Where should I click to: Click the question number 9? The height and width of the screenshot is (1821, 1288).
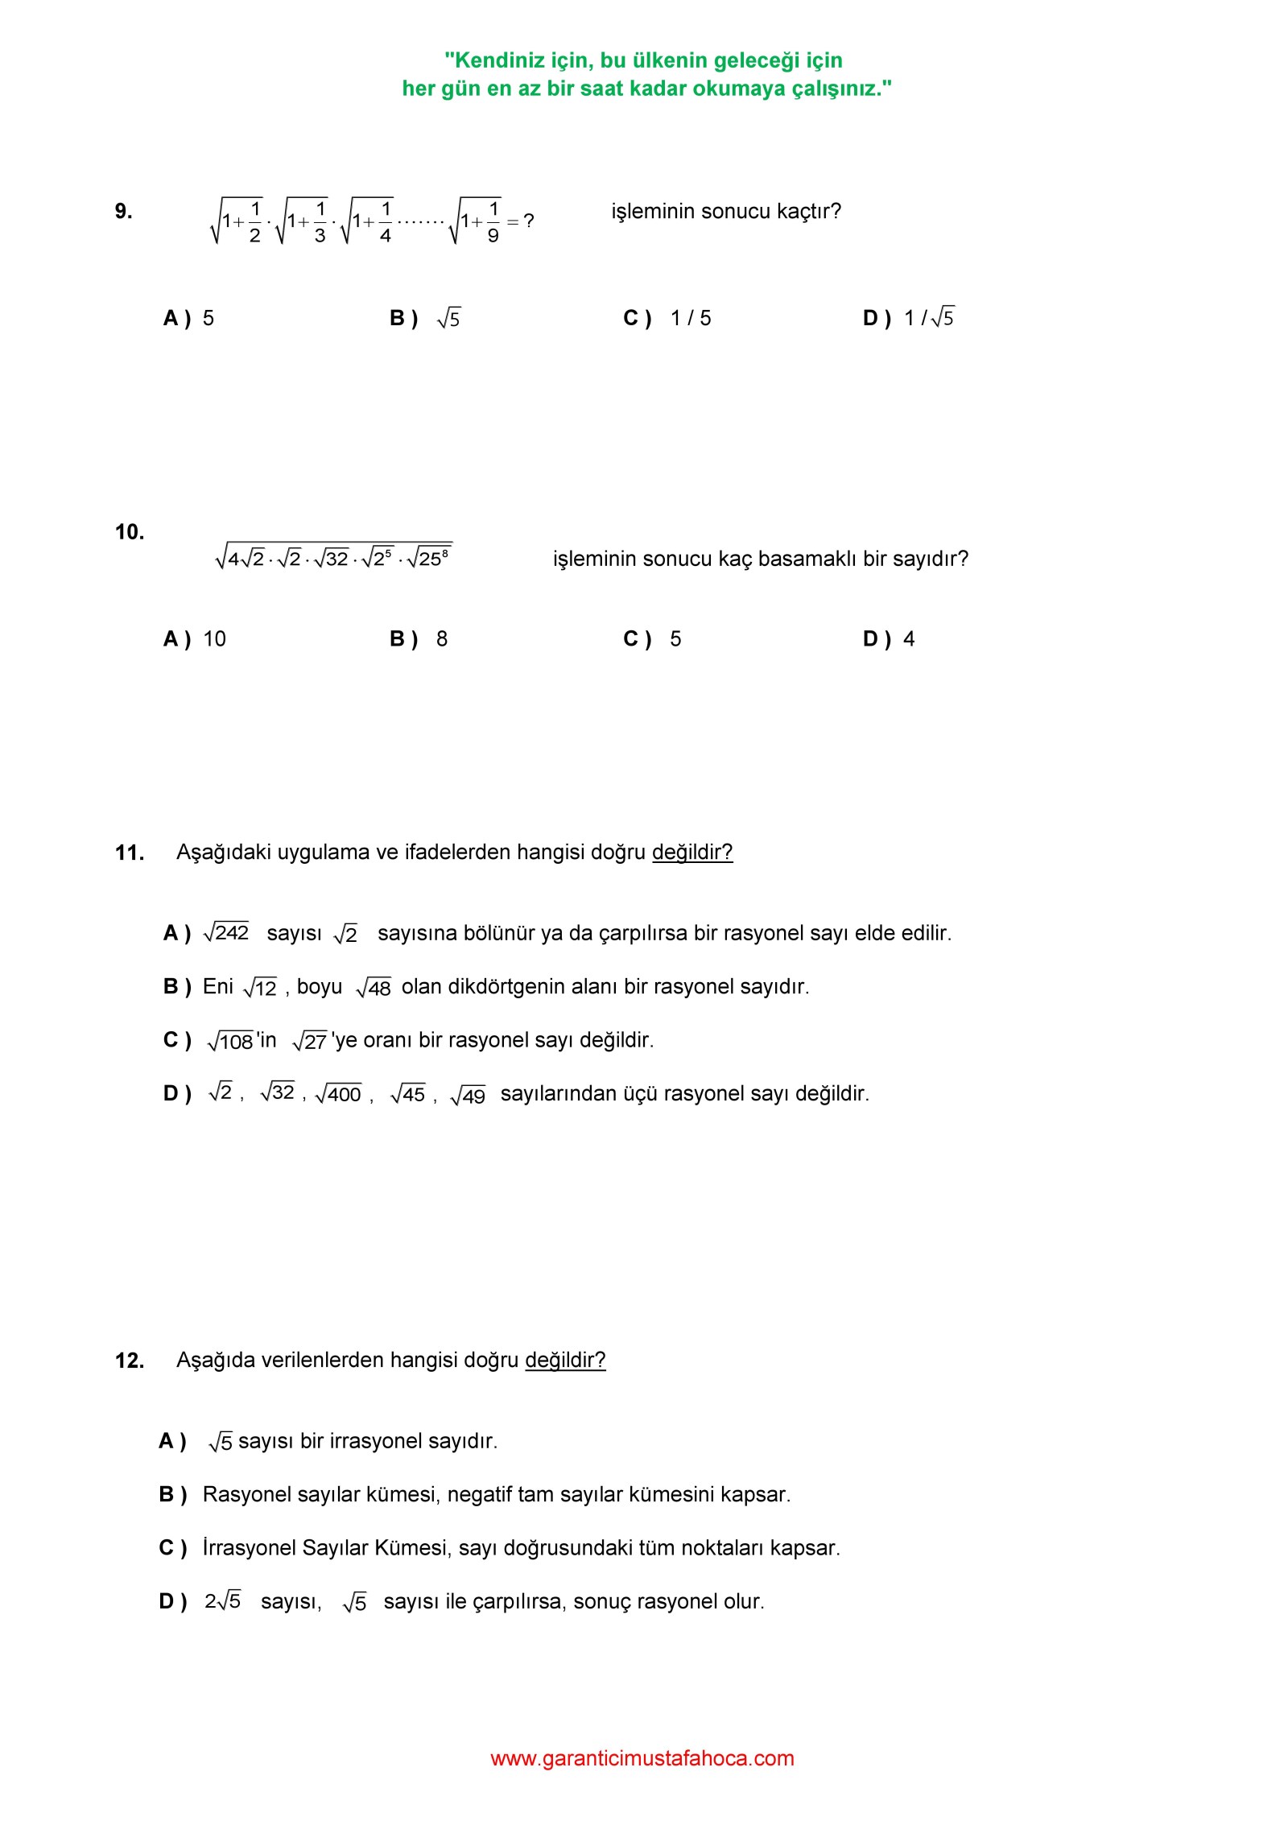pyautogui.click(x=123, y=211)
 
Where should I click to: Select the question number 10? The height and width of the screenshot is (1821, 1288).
pyautogui.click(x=129, y=531)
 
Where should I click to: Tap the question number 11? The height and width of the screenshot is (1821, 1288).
pyautogui.click(x=129, y=853)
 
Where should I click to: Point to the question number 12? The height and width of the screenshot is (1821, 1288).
pyautogui.click(x=129, y=1361)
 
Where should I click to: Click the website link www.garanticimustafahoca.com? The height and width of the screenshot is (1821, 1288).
pyautogui.click(x=642, y=1758)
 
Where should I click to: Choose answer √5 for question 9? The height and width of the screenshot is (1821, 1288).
pyautogui.click(x=448, y=319)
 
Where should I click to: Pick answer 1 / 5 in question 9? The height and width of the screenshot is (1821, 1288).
pyautogui.click(x=691, y=318)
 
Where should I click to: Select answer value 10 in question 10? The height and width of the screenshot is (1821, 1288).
pyautogui.click(x=214, y=639)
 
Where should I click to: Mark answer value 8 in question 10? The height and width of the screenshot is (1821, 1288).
pyautogui.click(x=442, y=639)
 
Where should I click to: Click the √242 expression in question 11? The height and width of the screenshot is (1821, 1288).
pyautogui.click(x=226, y=932)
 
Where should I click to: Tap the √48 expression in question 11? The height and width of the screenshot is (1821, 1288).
pyautogui.click(x=374, y=987)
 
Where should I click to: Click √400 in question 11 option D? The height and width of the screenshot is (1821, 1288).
pyautogui.click(x=338, y=1094)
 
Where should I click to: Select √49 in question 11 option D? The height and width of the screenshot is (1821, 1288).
pyautogui.click(x=468, y=1095)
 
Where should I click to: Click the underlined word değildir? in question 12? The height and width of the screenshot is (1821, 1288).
pyautogui.click(x=565, y=1361)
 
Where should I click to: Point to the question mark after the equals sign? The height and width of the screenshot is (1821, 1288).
pyautogui.click(x=528, y=221)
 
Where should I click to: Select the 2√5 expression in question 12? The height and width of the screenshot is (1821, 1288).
pyautogui.click(x=222, y=1601)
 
